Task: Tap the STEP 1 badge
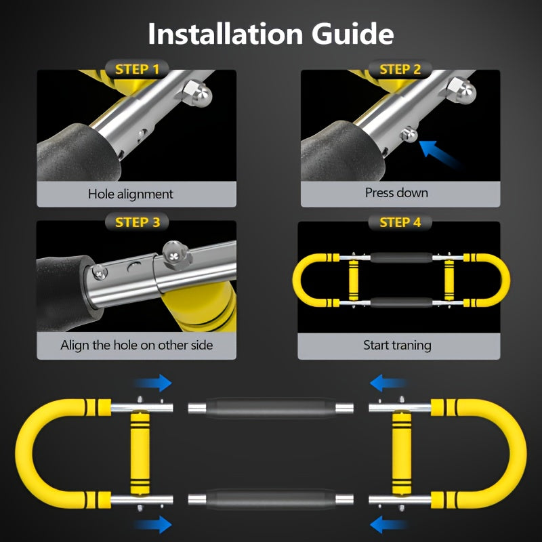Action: point(138,70)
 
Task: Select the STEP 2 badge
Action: point(400,70)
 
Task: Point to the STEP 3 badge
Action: point(138,222)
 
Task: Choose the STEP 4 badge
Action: point(400,222)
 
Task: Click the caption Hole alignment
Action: point(130,194)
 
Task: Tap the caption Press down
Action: point(396,192)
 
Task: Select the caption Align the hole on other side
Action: point(137,346)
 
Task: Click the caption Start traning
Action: point(397,346)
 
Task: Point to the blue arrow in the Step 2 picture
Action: point(438,154)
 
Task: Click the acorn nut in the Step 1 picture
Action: point(196,93)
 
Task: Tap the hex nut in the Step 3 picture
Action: point(176,256)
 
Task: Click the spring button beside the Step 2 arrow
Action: point(409,134)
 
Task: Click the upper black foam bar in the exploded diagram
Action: point(270,409)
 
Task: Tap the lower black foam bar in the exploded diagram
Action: point(270,499)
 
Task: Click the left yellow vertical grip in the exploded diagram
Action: point(140,453)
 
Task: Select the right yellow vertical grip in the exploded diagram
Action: point(402,453)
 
